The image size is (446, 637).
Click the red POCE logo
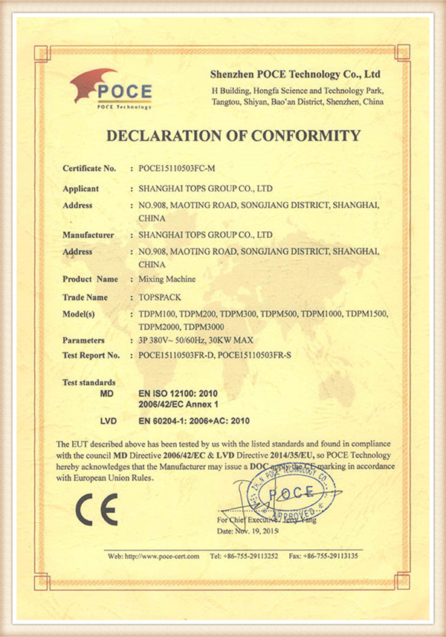111,90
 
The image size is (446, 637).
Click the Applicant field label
81,189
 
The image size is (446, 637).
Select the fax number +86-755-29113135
333,556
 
